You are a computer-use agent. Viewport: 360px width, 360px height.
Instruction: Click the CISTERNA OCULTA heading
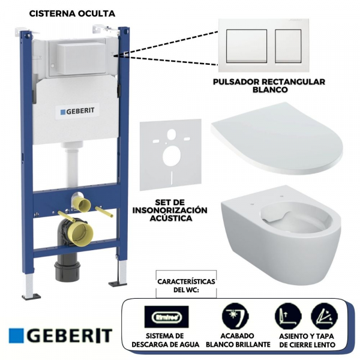[72, 12]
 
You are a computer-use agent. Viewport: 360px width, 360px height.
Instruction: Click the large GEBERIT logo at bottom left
[61, 335]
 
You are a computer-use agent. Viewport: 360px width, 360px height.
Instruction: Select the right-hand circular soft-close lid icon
[323, 316]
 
